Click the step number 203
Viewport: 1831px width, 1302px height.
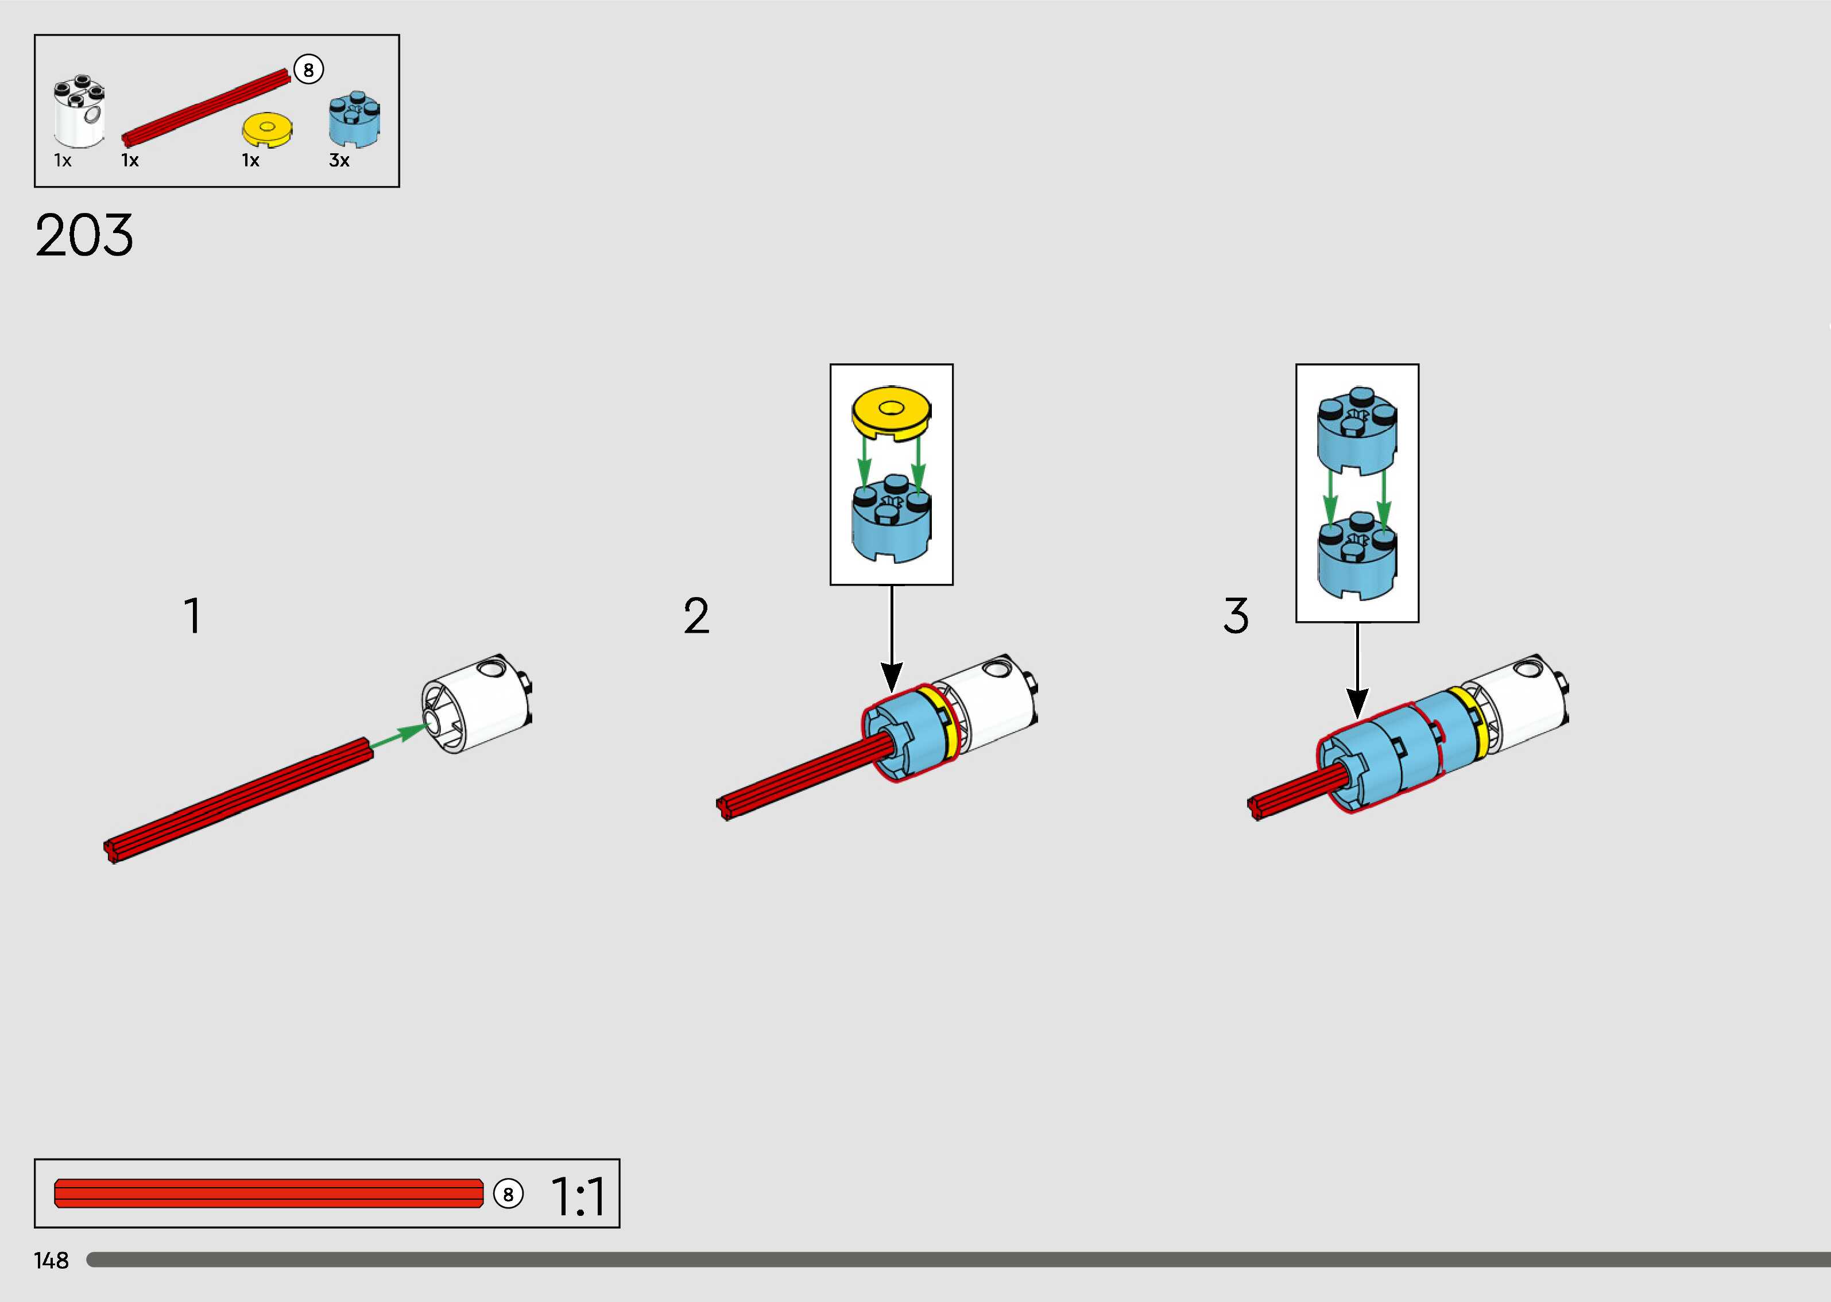[x=84, y=236]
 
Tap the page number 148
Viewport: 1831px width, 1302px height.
[x=51, y=1260]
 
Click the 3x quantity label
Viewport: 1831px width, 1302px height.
[x=339, y=160]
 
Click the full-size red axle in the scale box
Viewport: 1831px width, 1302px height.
[x=269, y=1193]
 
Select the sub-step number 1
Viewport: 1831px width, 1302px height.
[x=192, y=616]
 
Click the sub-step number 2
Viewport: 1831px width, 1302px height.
[x=696, y=616]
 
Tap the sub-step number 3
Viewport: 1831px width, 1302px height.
[x=1236, y=616]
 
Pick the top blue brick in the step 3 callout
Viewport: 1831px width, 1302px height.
[x=1357, y=431]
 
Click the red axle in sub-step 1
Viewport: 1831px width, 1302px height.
[x=239, y=799]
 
